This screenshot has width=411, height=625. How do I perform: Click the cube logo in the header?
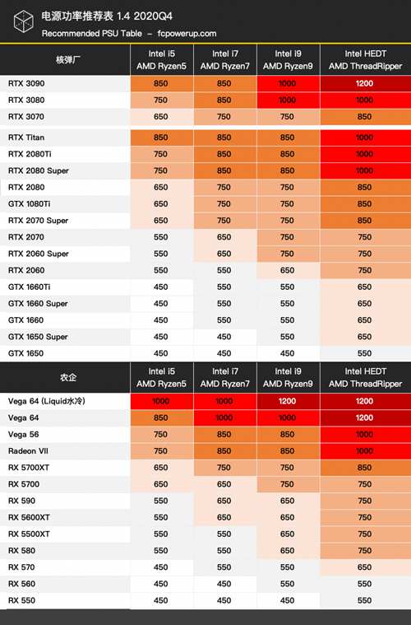click(x=23, y=21)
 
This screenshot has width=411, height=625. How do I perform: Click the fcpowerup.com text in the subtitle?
click(x=187, y=34)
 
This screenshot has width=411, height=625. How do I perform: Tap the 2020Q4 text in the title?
click(x=153, y=16)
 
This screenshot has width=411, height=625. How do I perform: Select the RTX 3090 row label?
click(x=26, y=83)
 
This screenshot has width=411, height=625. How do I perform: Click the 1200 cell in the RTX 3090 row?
click(x=364, y=83)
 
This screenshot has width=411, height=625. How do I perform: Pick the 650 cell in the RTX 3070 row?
click(x=161, y=117)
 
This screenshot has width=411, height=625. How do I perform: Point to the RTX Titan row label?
click(x=26, y=138)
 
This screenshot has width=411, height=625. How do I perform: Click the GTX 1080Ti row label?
click(x=29, y=203)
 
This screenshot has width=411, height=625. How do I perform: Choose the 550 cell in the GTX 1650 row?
click(x=364, y=353)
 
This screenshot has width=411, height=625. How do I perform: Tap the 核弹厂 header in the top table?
click(x=68, y=60)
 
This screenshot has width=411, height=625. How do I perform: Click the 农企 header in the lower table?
click(x=68, y=377)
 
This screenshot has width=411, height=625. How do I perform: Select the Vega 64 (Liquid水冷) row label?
click(x=47, y=401)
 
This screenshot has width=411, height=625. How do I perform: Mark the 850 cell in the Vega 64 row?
click(x=161, y=417)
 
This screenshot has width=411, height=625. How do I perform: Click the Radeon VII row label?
click(x=28, y=450)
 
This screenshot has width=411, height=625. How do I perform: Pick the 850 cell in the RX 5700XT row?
click(x=364, y=468)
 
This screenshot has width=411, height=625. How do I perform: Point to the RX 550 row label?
click(x=21, y=600)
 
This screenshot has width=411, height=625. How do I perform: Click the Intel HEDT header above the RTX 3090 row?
click(x=365, y=54)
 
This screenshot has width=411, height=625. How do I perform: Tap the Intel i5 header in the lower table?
click(x=162, y=371)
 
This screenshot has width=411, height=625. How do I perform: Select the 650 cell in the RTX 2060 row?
click(x=287, y=270)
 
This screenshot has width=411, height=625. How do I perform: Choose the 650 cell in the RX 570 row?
click(x=364, y=567)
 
